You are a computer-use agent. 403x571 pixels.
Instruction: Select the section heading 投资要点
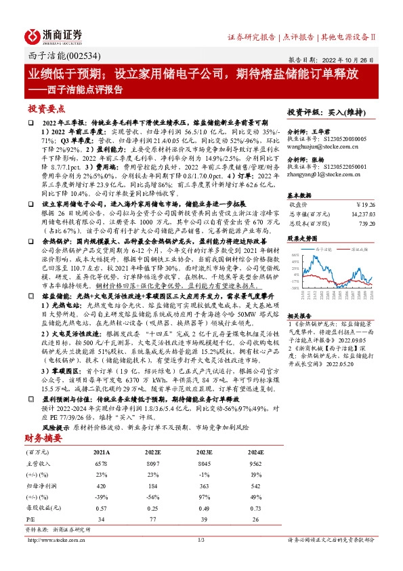pos(46,109)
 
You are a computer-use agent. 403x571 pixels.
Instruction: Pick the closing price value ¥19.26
pos(365,203)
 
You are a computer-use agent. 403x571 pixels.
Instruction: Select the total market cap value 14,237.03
pos(360,212)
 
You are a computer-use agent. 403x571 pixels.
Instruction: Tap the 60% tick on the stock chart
pos(295,254)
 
